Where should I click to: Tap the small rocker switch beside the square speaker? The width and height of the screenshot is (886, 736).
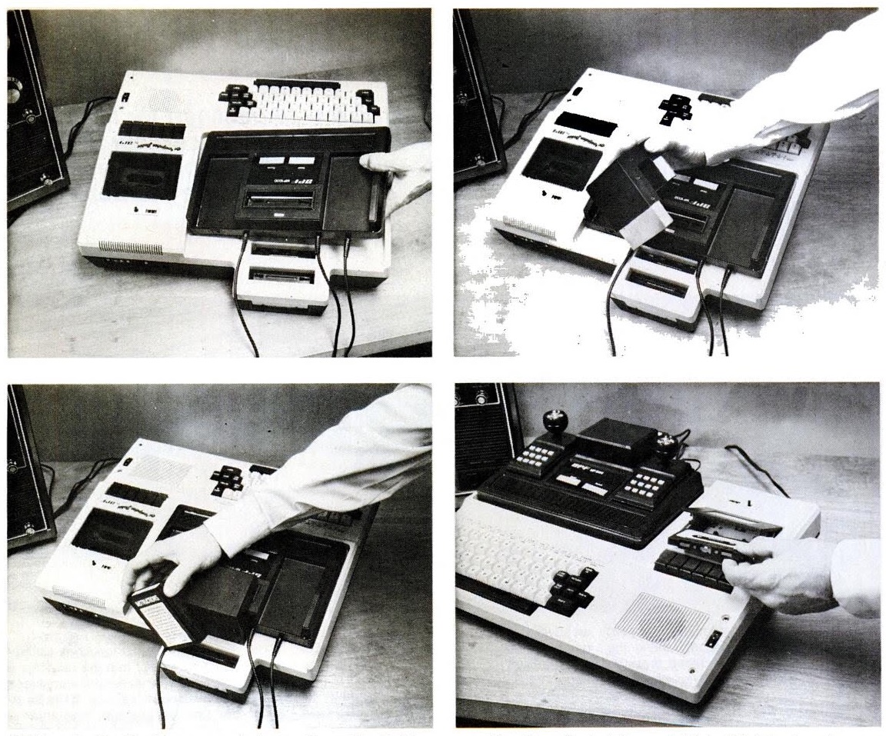tap(715, 637)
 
